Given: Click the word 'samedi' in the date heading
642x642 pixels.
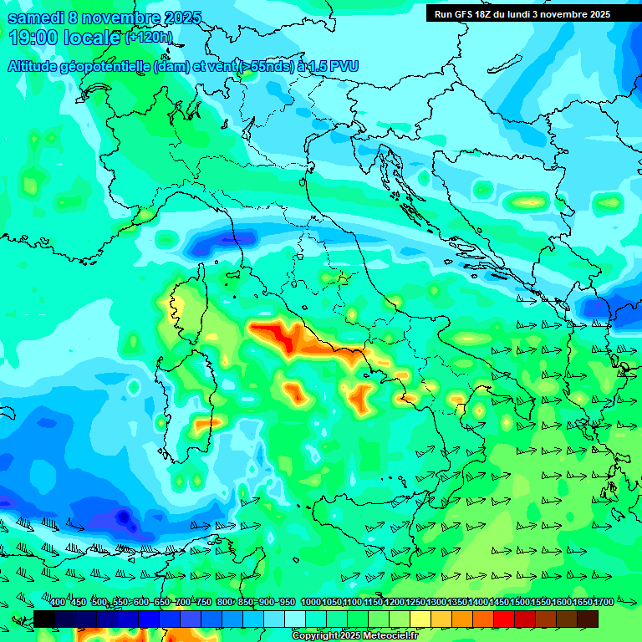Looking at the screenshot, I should [38, 18].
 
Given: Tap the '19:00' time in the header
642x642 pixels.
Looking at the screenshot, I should [34, 38].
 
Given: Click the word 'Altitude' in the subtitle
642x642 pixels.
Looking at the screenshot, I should [34, 67].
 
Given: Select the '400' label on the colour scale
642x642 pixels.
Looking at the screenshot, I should [58, 603].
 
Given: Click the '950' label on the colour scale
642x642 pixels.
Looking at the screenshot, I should [286, 603].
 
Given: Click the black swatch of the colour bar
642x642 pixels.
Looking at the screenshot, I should [44, 619].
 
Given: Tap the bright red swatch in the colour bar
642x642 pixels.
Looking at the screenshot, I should [504, 619].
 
